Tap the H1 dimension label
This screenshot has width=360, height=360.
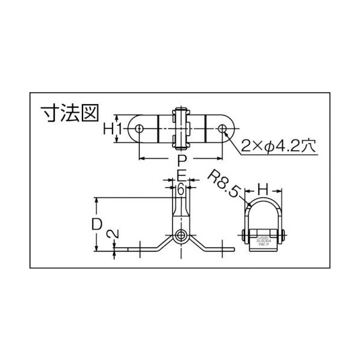pyautogui.click(x=113, y=129)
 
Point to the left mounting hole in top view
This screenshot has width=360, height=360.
pyautogui.click(x=139, y=129)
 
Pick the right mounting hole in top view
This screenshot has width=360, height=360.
pyautogui.click(x=223, y=129)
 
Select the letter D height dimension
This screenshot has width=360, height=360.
pyautogui.click(x=96, y=224)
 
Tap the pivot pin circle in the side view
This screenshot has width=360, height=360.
pyautogui.click(x=181, y=235)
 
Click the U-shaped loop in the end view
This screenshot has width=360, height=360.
pyautogui.click(x=263, y=211)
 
